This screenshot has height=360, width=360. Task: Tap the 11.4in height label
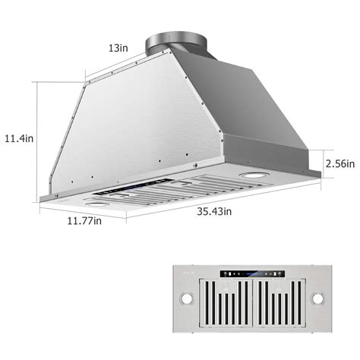(x=20, y=138)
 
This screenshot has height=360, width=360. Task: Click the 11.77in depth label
(x=84, y=221)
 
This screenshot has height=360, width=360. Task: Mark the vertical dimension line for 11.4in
(x=38, y=141)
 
